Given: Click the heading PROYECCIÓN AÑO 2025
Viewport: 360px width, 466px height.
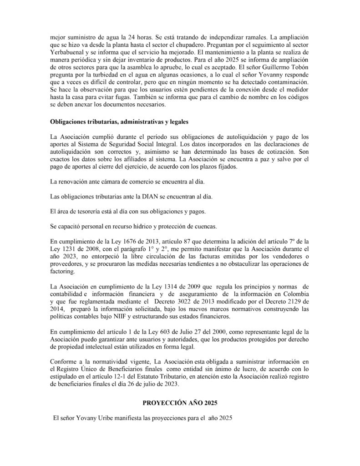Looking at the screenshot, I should [180, 402].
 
